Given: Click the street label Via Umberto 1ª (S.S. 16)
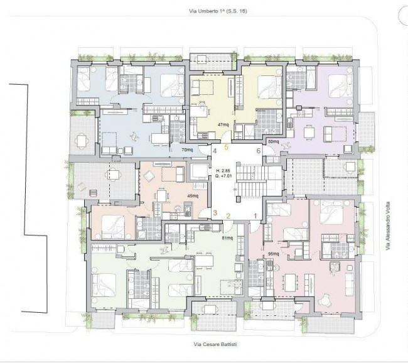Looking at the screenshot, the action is click(218, 11).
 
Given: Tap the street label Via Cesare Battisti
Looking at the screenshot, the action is click(215, 344).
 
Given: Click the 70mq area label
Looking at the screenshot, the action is click(187, 149).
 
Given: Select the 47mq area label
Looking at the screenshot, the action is click(223, 125).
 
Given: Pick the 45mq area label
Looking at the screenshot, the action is click(193, 196).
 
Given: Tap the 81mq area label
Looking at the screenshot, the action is click(227, 238).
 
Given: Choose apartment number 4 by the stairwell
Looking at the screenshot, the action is click(215, 151).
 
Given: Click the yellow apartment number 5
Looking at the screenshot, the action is click(227, 147).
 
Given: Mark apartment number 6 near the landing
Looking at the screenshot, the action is click(259, 151).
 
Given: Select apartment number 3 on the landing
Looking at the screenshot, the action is click(215, 213).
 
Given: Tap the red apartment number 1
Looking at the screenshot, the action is click(255, 216).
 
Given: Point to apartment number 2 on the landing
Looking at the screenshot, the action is click(228, 216).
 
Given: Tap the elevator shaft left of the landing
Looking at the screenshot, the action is click(199, 172).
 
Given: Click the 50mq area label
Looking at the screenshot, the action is click(273, 142).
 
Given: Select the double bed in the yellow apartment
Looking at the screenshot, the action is click(269, 88).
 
